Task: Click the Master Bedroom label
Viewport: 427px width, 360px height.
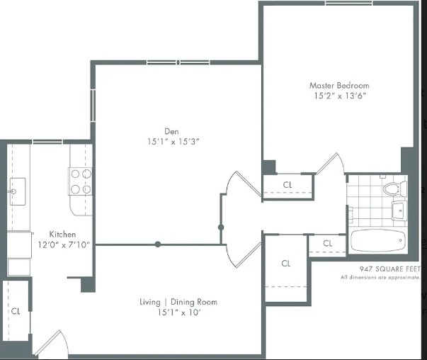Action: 339,86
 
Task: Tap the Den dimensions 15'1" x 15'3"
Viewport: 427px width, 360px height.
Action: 173,142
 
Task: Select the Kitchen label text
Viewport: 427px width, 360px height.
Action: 62,235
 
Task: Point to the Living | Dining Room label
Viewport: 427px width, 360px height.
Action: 178,302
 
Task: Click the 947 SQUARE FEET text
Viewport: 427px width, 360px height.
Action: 390,269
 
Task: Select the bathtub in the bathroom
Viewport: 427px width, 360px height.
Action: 379,241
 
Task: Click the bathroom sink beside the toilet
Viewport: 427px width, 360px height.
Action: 399,210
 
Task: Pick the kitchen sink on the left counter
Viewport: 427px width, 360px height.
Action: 18,191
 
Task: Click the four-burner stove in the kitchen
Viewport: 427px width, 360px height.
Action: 80,181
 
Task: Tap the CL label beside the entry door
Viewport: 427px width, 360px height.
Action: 16,311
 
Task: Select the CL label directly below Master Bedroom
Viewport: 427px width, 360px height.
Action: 287,185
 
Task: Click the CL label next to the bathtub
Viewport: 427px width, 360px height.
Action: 327,243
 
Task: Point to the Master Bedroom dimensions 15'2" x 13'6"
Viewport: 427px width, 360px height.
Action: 340,96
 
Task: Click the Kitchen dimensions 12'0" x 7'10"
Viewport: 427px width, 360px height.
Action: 64,244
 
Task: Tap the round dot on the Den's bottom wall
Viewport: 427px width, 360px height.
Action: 158,244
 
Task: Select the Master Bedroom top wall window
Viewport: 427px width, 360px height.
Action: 349,3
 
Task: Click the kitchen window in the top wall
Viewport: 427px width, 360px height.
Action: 47,142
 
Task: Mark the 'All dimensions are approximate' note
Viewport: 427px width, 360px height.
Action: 380,278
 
